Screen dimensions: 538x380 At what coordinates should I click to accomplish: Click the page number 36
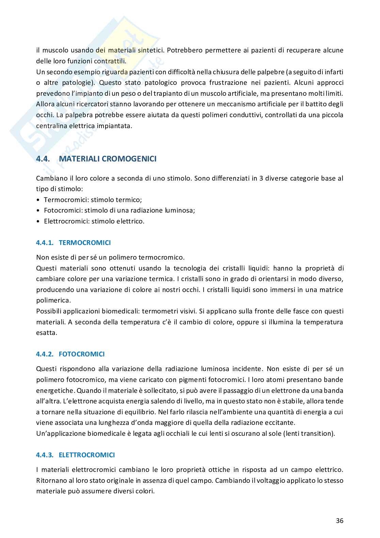339,521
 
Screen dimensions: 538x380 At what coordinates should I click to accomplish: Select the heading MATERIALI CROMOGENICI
108,159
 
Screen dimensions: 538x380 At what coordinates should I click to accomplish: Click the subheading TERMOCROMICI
85,243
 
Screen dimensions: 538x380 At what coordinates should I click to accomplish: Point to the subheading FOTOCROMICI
82,354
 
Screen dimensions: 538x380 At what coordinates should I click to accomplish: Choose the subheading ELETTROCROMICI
87,455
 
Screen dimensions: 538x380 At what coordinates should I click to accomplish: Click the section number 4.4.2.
45,354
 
